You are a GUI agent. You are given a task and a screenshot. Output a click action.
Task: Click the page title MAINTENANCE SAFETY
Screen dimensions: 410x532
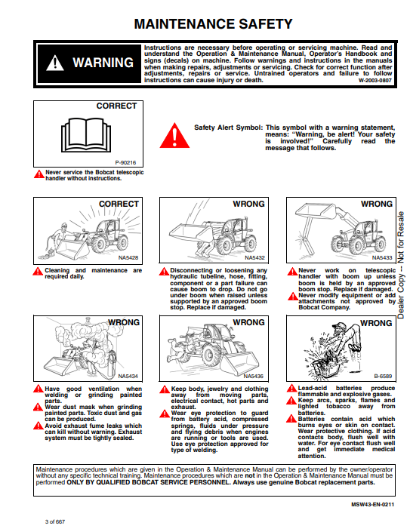click(x=213, y=24)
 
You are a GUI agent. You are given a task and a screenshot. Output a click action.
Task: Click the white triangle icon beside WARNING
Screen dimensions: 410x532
click(x=55, y=63)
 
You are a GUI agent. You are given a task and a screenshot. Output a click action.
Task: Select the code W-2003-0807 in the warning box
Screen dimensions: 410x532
click(x=375, y=81)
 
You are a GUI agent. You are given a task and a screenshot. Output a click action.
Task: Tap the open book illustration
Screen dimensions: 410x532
click(x=86, y=134)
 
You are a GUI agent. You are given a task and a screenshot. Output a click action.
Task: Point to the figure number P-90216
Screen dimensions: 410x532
click(x=125, y=162)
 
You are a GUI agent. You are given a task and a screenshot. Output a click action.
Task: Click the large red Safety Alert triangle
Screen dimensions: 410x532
click(x=174, y=135)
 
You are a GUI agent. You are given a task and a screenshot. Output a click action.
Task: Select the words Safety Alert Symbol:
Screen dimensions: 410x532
click(x=229, y=128)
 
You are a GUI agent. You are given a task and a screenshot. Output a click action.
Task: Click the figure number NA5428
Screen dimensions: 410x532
click(x=128, y=257)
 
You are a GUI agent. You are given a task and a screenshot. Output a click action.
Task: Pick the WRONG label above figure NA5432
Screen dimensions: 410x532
click(x=248, y=204)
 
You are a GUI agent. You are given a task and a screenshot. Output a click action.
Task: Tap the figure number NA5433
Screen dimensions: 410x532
click(x=382, y=257)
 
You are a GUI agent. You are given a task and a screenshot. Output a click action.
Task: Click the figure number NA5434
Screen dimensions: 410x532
click(x=128, y=376)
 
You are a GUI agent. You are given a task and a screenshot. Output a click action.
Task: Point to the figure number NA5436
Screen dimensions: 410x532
click(x=253, y=376)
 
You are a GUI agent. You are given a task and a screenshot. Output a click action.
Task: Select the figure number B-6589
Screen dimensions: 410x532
click(x=383, y=376)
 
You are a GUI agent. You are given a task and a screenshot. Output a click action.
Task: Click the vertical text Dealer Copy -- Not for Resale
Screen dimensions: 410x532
click(x=401, y=265)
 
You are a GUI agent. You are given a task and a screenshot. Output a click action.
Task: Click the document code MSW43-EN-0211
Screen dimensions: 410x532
click(x=373, y=505)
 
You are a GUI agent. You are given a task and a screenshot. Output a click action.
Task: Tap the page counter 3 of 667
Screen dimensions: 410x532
click(x=55, y=521)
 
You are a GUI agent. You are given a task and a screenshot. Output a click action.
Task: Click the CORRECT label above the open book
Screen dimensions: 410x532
click(x=116, y=106)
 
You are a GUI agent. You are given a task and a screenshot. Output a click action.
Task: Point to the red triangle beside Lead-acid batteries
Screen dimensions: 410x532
click(x=291, y=388)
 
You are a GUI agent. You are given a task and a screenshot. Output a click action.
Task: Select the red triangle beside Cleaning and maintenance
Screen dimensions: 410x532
click(x=38, y=272)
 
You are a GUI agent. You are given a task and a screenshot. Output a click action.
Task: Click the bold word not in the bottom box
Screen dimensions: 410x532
click(x=250, y=475)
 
